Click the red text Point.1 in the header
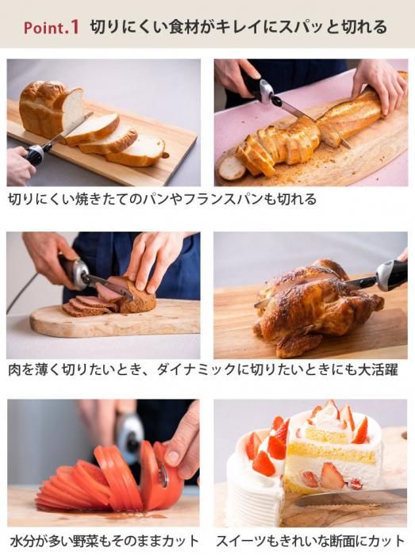(x=51, y=28)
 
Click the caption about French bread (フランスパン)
(x=162, y=199)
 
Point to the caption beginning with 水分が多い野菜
(x=104, y=542)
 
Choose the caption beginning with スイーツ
(x=310, y=542)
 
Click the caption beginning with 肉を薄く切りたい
(x=203, y=370)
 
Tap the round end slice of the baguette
(x=231, y=168)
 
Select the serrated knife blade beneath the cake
(x=351, y=498)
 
